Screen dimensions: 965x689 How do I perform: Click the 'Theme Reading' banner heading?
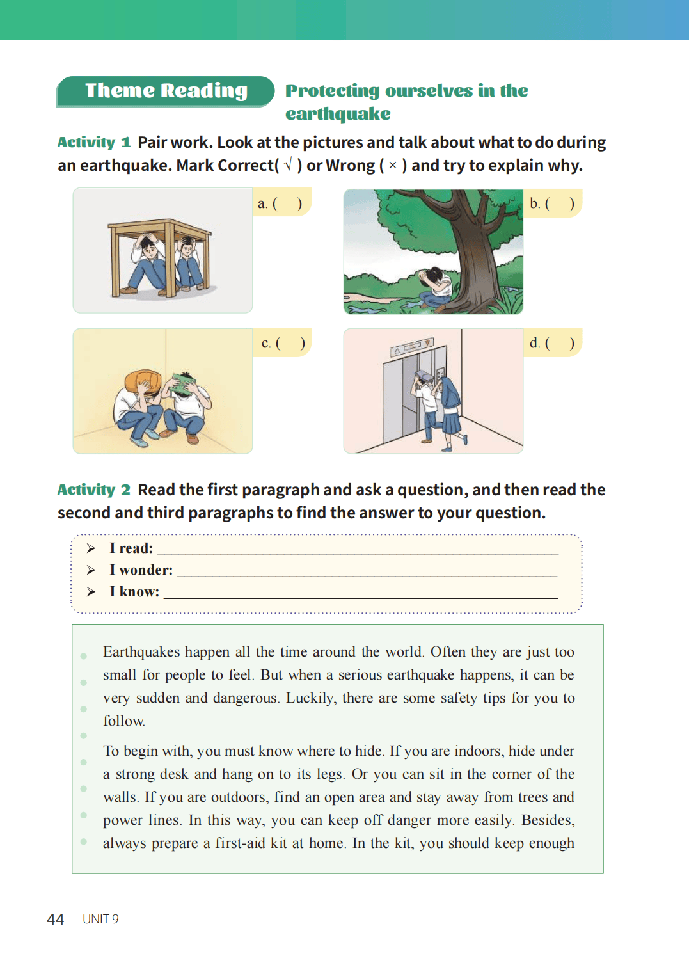click(x=166, y=91)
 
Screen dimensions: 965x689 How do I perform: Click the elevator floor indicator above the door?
click(x=411, y=347)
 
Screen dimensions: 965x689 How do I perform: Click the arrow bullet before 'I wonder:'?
click(x=91, y=570)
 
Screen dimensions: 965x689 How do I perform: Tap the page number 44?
click(x=56, y=920)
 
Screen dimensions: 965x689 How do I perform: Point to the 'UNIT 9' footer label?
click(x=100, y=920)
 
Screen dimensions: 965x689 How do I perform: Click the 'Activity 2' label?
click(x=93, y=490)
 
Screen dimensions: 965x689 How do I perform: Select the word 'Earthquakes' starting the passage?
click(x=141, y=652)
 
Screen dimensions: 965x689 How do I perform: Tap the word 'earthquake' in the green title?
click(x=338, y=114)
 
